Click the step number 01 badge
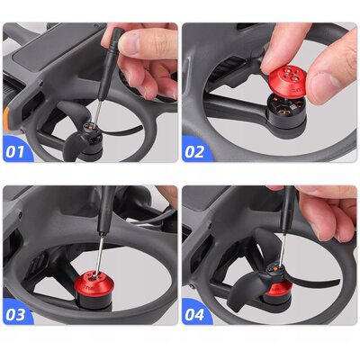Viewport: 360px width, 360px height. [15, 151]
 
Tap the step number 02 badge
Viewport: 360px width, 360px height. [194, 151]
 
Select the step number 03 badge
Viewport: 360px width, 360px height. [15, 315]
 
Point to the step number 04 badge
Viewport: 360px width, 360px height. [194, 315]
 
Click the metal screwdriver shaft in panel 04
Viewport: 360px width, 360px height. [282, 251]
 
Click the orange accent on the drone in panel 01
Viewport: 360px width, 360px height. [6, 119]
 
